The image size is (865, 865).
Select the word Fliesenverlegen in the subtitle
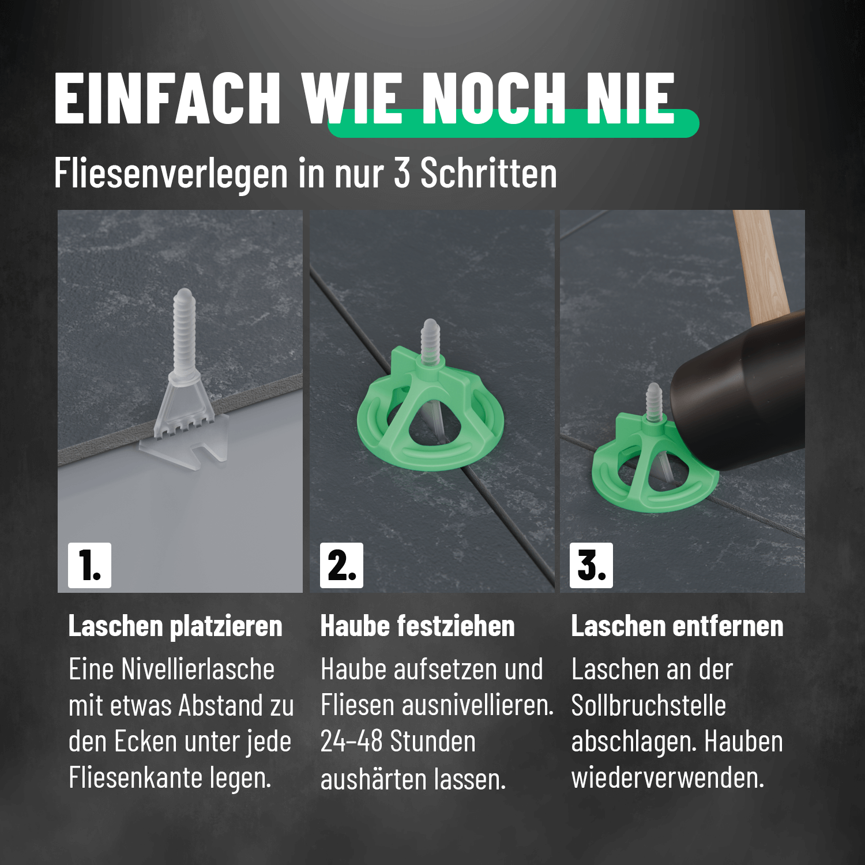point(171,173)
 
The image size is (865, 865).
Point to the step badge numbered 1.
point(89,565)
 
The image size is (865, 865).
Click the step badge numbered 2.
point(342,565)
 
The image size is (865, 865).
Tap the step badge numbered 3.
point(591,565)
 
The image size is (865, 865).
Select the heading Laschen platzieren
point(175,626)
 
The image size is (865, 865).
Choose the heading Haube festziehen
point(418,626)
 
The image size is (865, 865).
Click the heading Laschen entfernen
point(677,626)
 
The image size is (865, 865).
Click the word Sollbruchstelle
point(648,706)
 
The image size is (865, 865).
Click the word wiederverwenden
point(668,777)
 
